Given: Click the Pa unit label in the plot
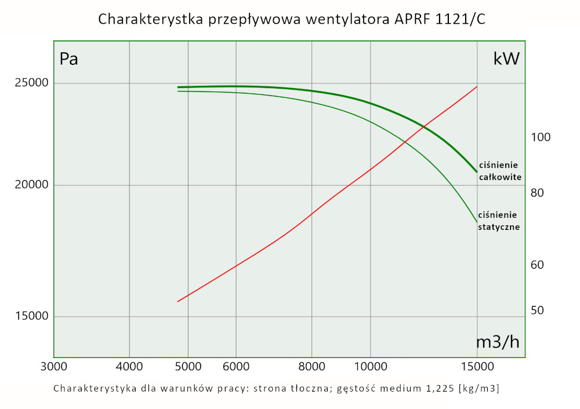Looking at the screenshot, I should click(69, 59).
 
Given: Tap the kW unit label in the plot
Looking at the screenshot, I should click(506, 59).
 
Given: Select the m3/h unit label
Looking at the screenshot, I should click(498, 342).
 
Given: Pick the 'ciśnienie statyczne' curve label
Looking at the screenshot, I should click(498, 221).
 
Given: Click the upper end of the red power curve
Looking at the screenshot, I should click(477, 87).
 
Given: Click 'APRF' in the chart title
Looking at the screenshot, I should click(409, 19).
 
